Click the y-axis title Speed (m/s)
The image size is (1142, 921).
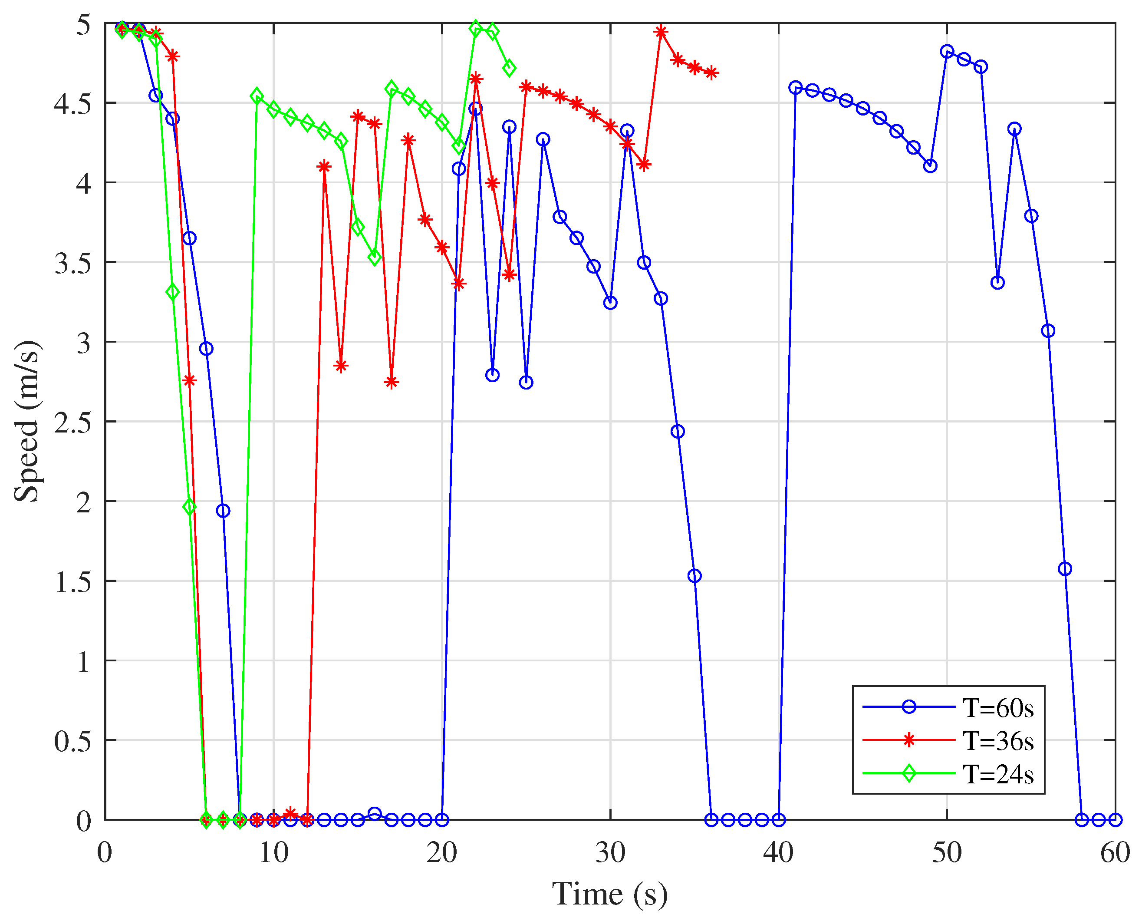tap(26, 421)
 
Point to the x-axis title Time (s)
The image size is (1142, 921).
tap(610, 895)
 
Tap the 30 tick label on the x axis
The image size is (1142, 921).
tap(610, 854)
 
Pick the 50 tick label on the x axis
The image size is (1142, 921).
tap(947, 854)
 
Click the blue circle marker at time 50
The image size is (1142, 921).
tap(947, 52)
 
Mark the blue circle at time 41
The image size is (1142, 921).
tap(795, 88)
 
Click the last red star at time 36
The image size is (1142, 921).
tap(711, 73)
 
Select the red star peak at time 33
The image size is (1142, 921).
tap(661, 32)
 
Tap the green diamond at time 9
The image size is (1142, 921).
tap(257, 96)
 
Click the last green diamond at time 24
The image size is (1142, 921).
tap(509, 69)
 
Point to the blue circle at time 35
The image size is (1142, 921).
tap(694, 576)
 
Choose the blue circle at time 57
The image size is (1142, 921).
tap(1065, 569)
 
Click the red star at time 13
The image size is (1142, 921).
tap(324, 167)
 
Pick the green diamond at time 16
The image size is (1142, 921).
tap(374, 258)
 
